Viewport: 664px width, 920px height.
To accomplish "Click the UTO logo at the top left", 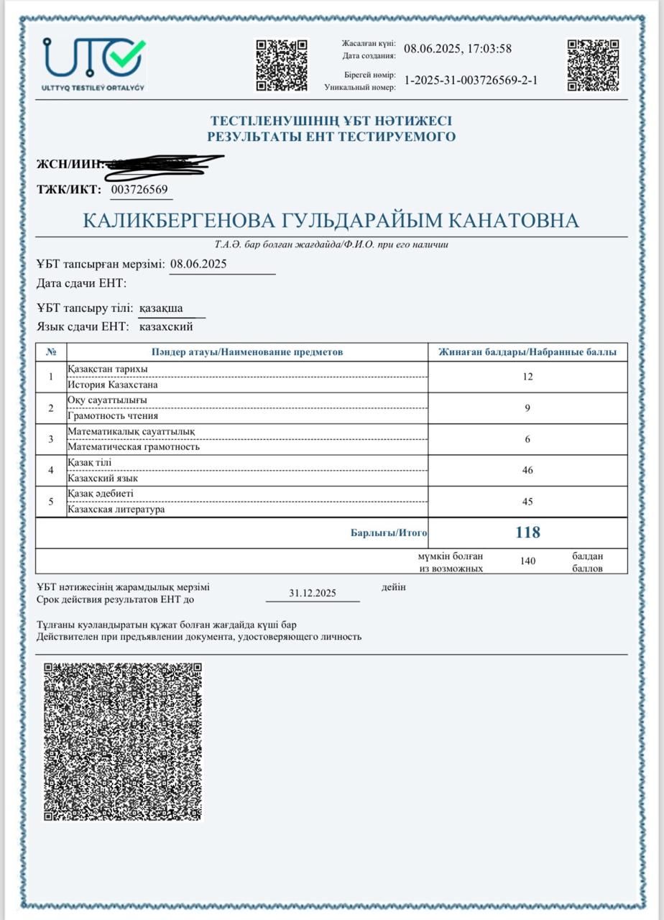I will (x=94, y=63).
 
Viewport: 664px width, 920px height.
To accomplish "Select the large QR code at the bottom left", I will (x=123, y=741).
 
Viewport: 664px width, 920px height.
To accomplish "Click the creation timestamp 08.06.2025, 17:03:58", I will (x=458, y=49).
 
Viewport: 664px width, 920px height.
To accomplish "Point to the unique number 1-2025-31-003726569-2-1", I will (x=471, y=80).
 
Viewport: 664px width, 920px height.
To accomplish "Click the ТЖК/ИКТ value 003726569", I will (x=140, y=190).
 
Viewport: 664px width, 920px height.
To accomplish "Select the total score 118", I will (x=527, y=533).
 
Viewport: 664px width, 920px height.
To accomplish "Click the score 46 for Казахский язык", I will (x=527, y=470).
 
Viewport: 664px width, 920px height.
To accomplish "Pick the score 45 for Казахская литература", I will (x=527, y=502).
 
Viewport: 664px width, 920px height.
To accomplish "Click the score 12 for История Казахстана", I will (x=527, y=377).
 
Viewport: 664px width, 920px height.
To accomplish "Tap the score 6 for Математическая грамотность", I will (x=527, y=439).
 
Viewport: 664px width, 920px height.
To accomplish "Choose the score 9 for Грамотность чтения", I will (x=527, y=408).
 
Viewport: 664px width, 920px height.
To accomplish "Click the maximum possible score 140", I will (x=527, y=561).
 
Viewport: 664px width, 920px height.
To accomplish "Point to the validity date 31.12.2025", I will (x=313, y=594).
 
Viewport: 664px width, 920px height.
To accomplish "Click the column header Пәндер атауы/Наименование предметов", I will (x=247, y=352).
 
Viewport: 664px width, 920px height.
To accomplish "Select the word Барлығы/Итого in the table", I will (x=389, y=533).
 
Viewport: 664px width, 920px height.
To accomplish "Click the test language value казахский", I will (x=166, y=327).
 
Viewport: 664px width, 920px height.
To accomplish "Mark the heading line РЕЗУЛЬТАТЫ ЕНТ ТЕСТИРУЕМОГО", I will (x=331, y=137).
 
